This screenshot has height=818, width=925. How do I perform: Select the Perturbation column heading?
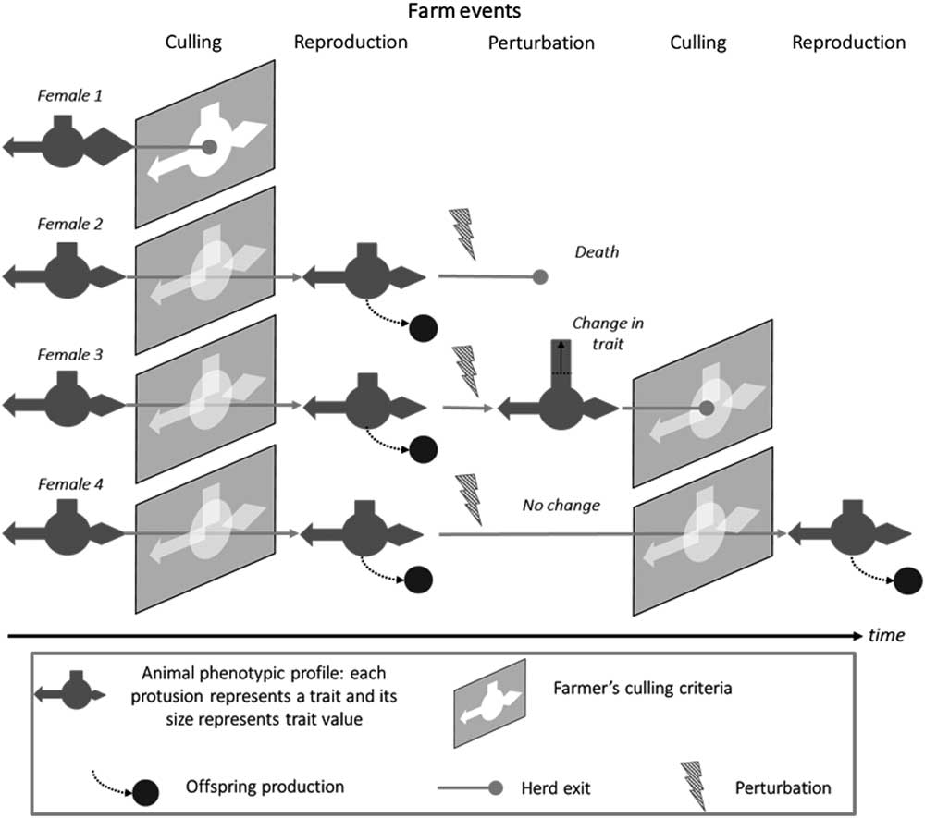[x=540, y=43]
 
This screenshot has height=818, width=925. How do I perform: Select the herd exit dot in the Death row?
[x=541, y=275]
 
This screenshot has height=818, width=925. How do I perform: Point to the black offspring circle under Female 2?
[x=424, y=326]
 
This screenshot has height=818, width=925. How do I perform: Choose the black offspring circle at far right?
[x=908, y=580]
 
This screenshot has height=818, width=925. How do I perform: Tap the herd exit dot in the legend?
[x=497, y=787]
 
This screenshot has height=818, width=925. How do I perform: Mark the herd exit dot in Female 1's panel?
[x=210, y=146]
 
